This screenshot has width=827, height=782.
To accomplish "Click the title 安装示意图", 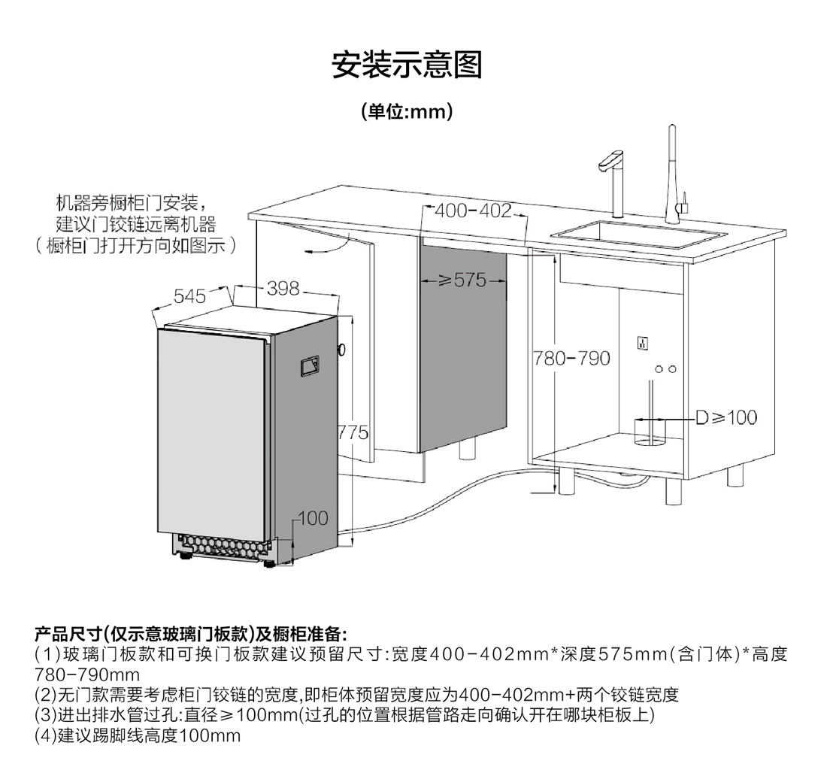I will pyautogui.click(x=407, y=65).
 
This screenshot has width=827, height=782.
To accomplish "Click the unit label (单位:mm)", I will pyautogui.click(x=407, y=113).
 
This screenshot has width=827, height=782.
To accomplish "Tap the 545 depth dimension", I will pyautogui.click(x=189, y=296).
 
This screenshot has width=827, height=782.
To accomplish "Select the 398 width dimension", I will pyautogui.click(x=283, y=288).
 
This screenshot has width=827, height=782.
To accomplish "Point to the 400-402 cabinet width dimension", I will pyautogui.click(x=473, y=211).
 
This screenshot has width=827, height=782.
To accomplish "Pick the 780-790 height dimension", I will pyautogui.click(x=571, y=358).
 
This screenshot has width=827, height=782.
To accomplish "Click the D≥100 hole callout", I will pyautogui.click(x=726, y=417).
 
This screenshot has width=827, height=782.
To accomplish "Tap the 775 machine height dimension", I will pyautogui.click(x=353, y=432).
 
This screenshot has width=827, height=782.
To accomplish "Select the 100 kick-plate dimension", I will pyautogui.click(x=313, y=517).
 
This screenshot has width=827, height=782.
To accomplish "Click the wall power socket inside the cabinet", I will pyautogui.click(x=644, y=343).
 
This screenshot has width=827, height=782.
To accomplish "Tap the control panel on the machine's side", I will pyautogui.click(x=309, y=365).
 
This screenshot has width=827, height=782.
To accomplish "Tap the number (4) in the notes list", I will pyautogui.click(x=46, y=735).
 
